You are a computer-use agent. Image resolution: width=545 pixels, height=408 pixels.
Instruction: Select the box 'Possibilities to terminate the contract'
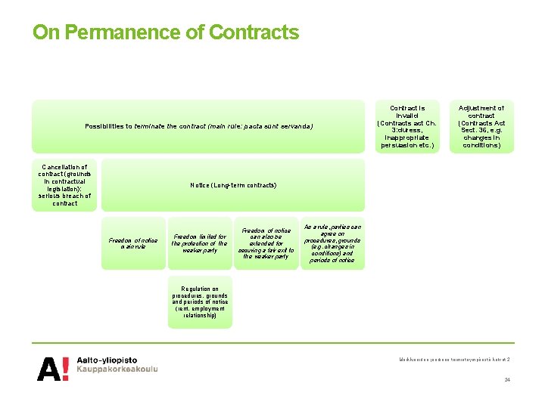(x=198, y=126)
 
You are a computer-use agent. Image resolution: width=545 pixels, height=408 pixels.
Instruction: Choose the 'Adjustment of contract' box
(x=481, y=126)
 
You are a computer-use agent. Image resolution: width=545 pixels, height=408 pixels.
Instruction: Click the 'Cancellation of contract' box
(x=64, y=185)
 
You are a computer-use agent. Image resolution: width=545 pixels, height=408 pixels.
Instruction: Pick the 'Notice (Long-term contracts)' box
(x=233, y=185)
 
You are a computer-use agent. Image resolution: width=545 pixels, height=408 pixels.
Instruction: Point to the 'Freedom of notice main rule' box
(x=132, y=243)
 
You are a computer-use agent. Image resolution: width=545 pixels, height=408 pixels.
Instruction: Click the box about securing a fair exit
(x=266, y=243)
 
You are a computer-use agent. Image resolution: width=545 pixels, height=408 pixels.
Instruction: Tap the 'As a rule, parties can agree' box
(x=332, y=243)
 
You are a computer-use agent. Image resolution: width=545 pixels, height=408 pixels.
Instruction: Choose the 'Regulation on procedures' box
(x=199, y=301)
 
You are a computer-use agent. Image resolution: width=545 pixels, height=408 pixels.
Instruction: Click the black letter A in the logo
(x=49, y=368)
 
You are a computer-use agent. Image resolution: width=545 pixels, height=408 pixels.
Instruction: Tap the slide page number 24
(x=507, y=379)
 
